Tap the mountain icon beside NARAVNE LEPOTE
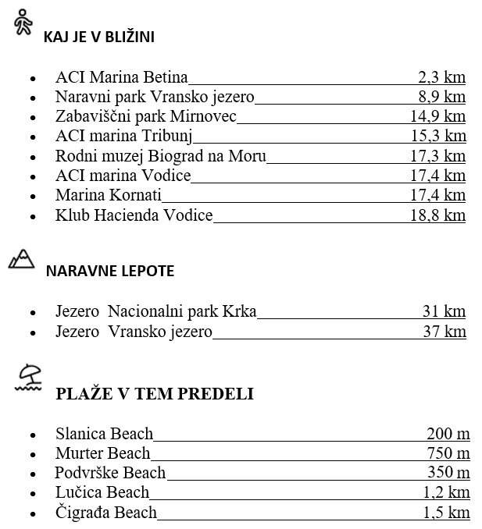[22, 259]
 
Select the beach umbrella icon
[29, 378]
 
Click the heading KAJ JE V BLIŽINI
[98, 37]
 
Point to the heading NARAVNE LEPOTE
[110, 272]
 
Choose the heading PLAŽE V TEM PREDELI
[155, 393]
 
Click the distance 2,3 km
[442, 76]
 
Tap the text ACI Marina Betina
[122, 76]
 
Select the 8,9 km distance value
[442, 97]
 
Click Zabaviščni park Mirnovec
[146, 116]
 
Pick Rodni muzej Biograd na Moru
[161, 156]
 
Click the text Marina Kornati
[109, 195]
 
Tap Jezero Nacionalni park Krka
[156, 311]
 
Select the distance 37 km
[444, 332]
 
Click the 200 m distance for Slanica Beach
[448, 433]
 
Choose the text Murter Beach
[103, 453]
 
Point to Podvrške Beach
[110, 472]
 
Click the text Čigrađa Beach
[106, 513]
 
